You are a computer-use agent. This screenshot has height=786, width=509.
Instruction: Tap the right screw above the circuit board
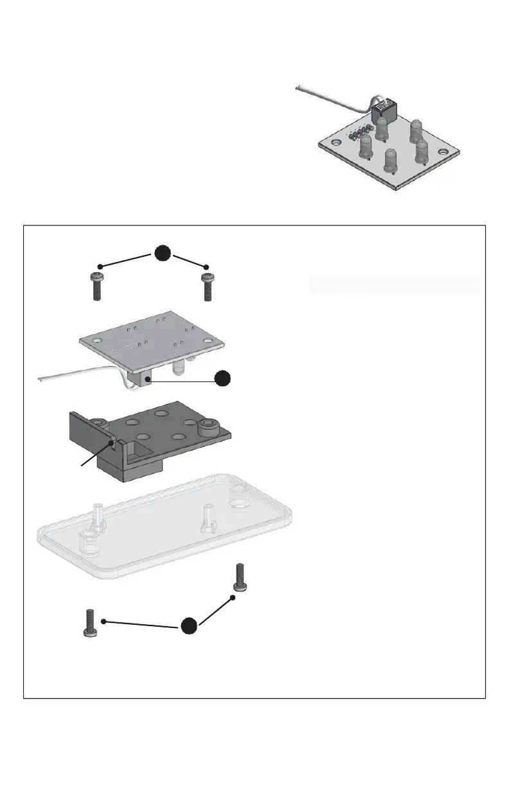click(x=207, y=287)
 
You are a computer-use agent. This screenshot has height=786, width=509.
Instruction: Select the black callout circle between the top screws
click(x=163, y=254)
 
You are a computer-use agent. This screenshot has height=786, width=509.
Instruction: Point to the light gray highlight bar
click(x=395, y=285)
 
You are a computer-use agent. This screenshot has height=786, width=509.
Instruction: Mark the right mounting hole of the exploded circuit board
click(x=207, y=341)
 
